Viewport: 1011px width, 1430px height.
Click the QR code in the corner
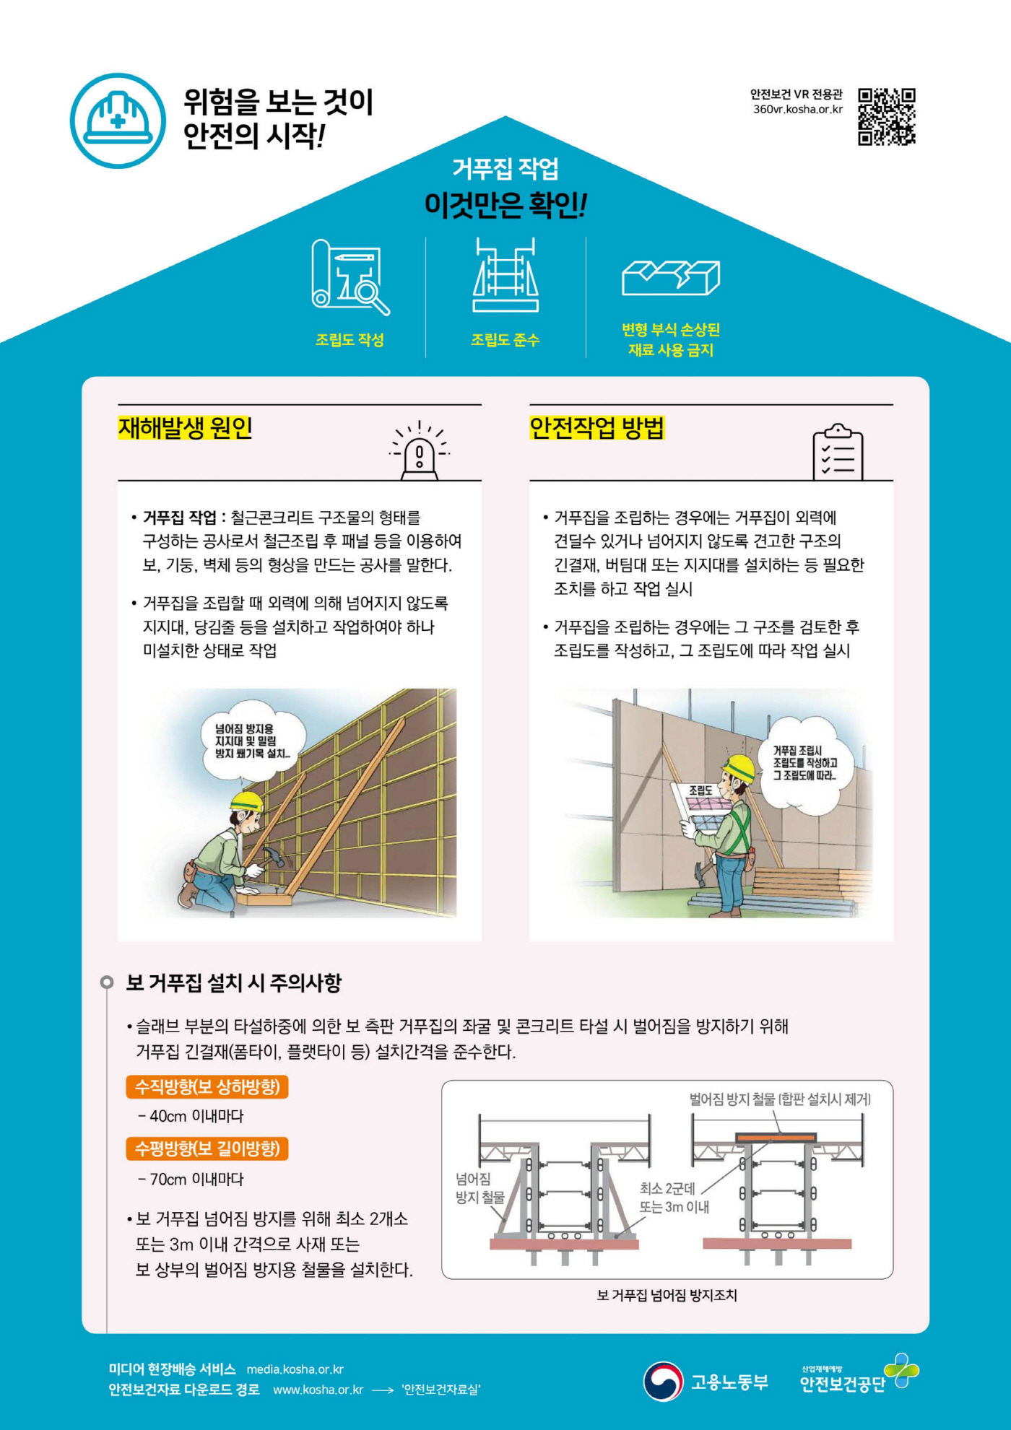click(886, 117)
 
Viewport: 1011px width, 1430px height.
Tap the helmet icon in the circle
click(118, 121)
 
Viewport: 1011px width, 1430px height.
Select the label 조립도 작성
click(350, 340)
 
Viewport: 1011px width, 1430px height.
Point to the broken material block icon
click(670, 278)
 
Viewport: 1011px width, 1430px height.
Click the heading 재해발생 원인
click(185, 428)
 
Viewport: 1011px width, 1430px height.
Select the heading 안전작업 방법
click(596, 428)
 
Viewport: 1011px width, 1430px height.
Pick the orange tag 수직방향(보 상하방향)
click(207, 1087)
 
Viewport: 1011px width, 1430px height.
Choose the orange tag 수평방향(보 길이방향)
click(207, 1149)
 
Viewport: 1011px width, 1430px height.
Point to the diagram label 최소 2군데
click(667, 1189)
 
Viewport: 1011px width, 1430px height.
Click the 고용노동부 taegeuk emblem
click(662, 1382)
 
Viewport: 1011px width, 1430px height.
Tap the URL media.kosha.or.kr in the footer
click(295, 1369)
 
